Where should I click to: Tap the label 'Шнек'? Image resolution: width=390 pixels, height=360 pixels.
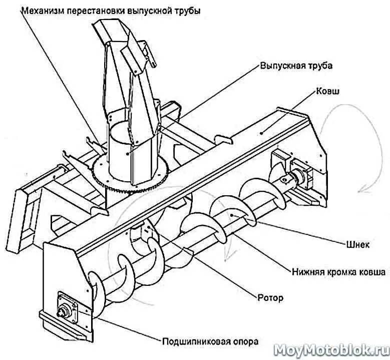(x=357, y=244)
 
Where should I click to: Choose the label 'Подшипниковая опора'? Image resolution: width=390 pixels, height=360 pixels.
(x=210, y=342)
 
